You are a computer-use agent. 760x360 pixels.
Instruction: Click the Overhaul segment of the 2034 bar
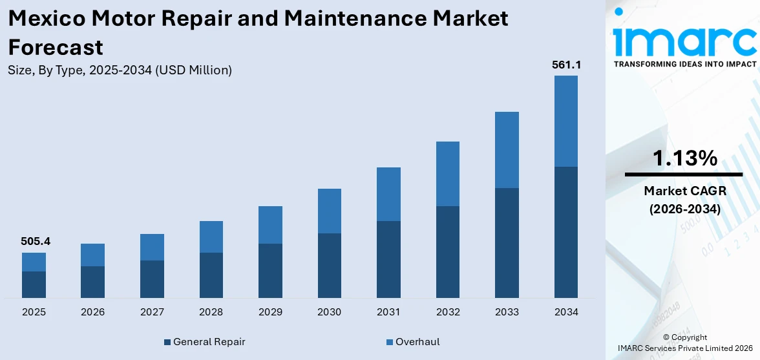pos(566,121)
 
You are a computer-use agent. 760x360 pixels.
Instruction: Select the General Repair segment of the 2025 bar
pos(34,284)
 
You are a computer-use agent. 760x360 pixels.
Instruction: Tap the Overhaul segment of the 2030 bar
pos(330,211)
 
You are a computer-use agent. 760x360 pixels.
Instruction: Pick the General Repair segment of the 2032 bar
pos(448,251)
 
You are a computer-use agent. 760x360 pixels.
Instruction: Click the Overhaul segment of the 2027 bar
pos(152,247)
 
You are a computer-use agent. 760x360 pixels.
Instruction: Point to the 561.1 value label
pos(565,65)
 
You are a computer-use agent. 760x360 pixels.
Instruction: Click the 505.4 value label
pos(36,242)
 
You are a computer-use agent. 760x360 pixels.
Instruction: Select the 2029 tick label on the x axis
pos(270,312)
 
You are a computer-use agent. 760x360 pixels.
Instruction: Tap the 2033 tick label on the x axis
pos(507,312)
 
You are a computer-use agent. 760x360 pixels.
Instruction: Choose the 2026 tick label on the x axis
pos(93,312)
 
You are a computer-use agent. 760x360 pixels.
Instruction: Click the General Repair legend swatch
pos(168,342)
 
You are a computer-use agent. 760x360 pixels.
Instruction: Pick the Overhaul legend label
pos(417,342)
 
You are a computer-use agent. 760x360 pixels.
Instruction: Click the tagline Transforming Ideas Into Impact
pos(684,64)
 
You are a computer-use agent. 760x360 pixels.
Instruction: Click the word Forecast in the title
pos(56,47)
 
